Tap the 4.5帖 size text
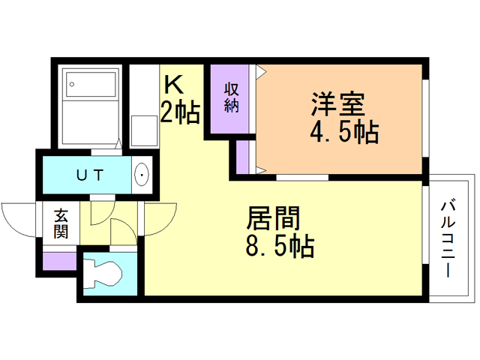pos(343,133)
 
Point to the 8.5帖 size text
pos(279,246)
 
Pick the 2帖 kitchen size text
pos(179,113)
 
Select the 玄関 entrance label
pos(61,223)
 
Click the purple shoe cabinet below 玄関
pos(59,260)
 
